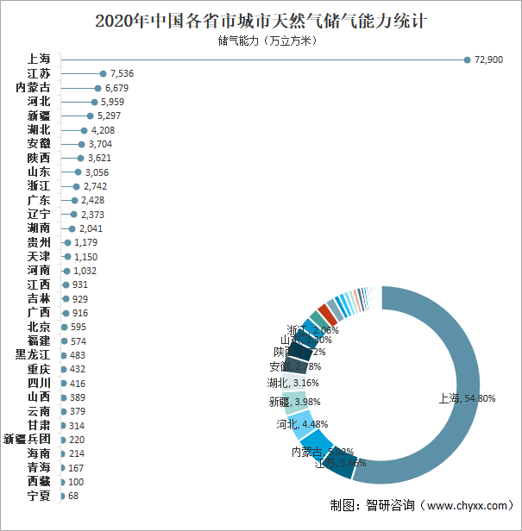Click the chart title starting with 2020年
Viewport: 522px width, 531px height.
pos(261,19)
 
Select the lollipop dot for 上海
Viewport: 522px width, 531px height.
pos(467,59)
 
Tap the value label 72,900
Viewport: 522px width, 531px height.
pos(488,59)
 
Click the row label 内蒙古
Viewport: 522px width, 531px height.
pos(34,88)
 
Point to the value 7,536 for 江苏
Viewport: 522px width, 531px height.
pos(122,74)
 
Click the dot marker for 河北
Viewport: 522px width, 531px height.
pos(94,102)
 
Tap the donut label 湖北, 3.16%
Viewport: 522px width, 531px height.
pos(292,383)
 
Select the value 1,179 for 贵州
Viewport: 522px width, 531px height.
pos(86,242)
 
